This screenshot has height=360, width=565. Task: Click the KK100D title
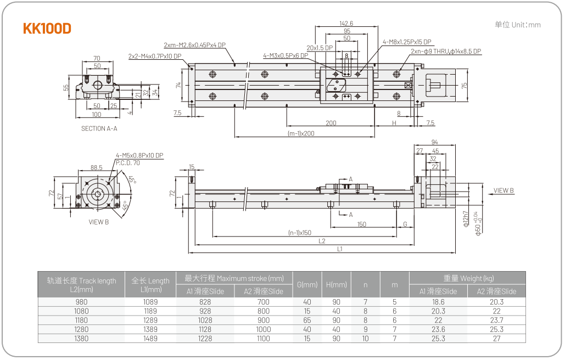47,29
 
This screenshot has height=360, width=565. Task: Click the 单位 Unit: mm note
517,25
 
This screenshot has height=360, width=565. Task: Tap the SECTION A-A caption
99,128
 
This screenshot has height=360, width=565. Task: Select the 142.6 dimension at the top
346,24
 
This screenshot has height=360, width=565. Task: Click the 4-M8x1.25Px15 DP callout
407,42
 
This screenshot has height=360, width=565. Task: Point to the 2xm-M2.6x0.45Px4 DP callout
194,45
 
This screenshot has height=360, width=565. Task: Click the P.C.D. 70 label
128,163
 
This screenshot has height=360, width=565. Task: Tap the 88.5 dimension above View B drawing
97,167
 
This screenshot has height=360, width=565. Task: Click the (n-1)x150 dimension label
300,233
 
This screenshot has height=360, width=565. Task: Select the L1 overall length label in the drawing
340,249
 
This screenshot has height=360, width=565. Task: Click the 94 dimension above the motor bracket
434,142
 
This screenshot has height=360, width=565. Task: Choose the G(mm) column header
307,285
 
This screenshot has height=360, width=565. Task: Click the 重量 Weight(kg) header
468,278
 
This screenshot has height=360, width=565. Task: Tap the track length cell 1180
81,320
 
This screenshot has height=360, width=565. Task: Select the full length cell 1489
150,339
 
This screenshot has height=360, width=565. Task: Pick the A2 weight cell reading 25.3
496,329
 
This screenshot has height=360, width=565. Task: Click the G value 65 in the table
307,320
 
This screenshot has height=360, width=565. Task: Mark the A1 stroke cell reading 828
205,302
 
